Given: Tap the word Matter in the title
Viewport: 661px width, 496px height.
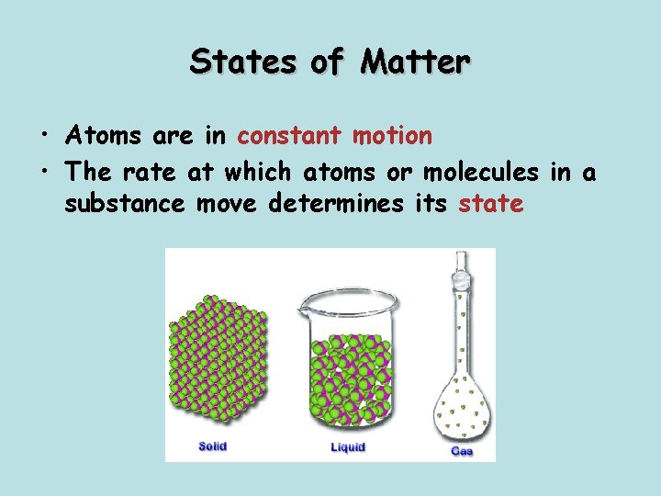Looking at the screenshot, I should pyautogui.click(x=415, y=62).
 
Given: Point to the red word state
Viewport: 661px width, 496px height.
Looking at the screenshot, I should pyautogui.click(x=491, y=203).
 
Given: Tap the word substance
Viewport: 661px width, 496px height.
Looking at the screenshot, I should pyautogui.click(x=126, y=203).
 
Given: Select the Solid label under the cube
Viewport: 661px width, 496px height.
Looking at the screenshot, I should pyautogui.click(x=212, y=446).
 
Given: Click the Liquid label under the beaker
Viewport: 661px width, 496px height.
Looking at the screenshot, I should pyautogui.click(x=347, y=447).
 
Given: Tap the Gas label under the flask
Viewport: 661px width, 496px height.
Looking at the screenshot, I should pyautogui.click(x=461, y=452).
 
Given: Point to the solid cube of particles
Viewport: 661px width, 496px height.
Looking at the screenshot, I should pyautogui.click(x=217, y=364).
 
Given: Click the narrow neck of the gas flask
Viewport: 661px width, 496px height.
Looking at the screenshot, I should pyautogui.click(x=461, y=321).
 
